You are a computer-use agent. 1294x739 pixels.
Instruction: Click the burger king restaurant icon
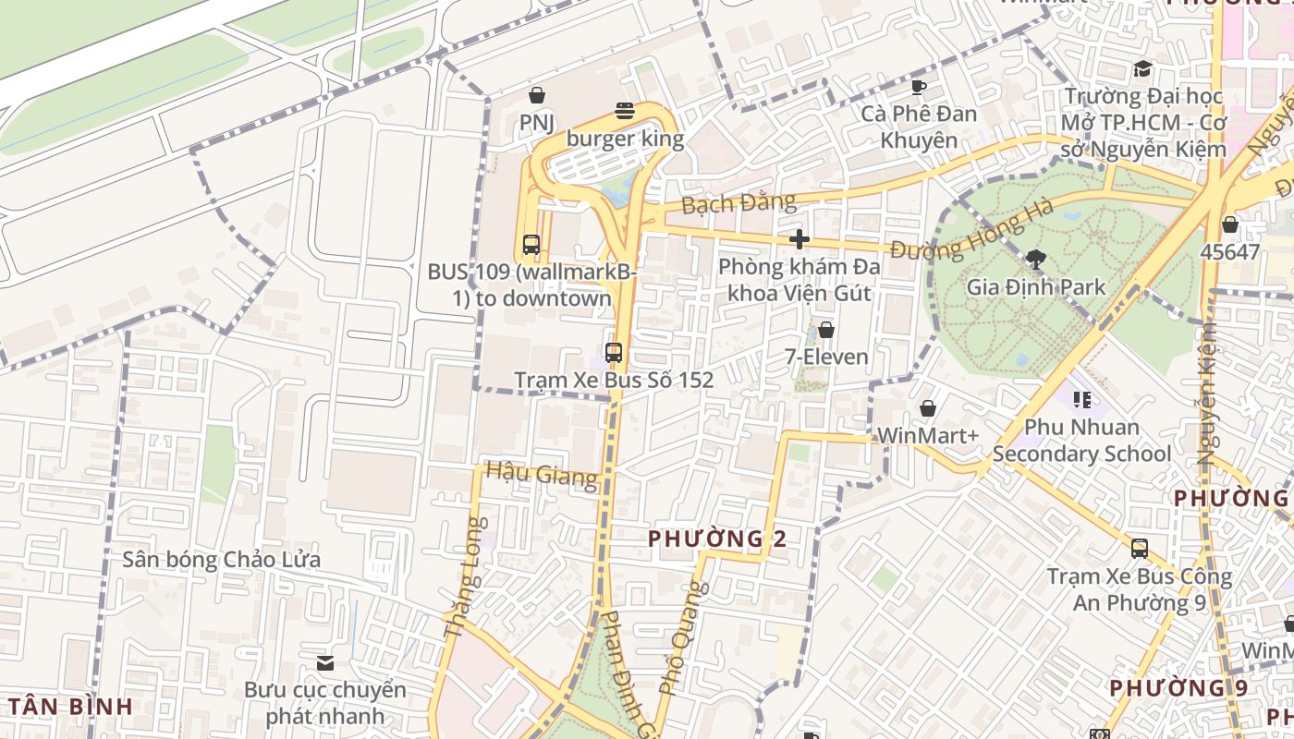tap(625, 112)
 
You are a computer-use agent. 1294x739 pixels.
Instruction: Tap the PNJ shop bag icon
tap(536, 94)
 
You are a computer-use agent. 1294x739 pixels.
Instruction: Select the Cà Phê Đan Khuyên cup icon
tap(918, 87)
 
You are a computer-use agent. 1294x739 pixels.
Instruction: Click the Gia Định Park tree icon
tap(1035, 260)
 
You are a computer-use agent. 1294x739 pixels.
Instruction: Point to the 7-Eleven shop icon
tap(826, 330)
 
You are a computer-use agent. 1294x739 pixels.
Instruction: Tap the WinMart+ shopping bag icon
tap(927, 407)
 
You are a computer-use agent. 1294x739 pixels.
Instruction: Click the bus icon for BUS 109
tap(531, 245)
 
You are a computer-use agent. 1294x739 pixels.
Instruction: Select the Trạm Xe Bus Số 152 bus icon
tap(614, 352)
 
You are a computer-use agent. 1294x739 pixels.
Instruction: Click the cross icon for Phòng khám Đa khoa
tap(800, 239)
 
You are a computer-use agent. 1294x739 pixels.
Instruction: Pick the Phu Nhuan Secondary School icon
tap(1081, 400)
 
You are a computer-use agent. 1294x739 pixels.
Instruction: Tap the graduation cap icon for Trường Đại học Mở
tap(1142, 68)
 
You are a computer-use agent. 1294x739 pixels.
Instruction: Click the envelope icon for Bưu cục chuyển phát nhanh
tap(324, 662)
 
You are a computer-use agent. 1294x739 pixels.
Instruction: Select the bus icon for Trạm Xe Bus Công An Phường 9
tap(1139, 548)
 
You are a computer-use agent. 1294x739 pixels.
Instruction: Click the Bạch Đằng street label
tap(739, 202)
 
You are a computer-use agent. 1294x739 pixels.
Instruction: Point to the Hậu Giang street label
tap(542, 475)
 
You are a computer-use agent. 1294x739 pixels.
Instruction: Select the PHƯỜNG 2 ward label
tap(717, 539)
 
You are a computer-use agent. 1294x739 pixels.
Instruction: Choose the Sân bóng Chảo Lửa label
tap(222, 560)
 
